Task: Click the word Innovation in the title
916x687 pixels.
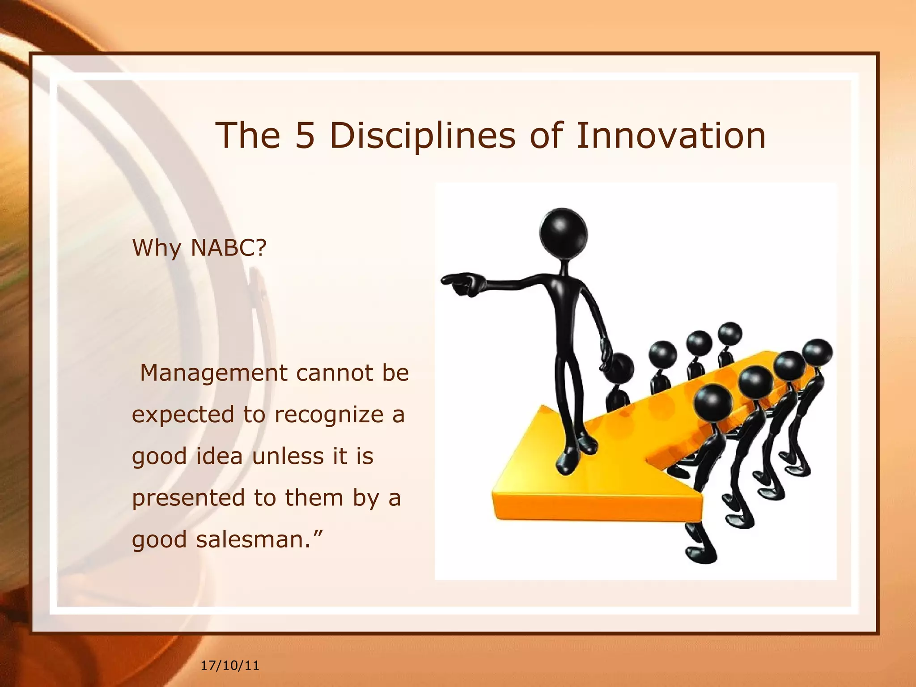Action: [671, 136]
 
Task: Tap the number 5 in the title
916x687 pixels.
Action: [305, 136]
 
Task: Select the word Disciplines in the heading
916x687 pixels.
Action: [423, 136]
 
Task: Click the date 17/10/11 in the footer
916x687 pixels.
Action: [230, 666]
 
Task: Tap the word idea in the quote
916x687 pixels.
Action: [219, 456]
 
